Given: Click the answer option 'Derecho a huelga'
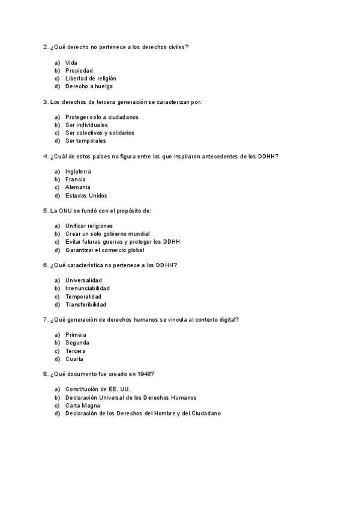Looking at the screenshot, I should [89, 86].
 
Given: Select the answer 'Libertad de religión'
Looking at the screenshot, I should [91, 78].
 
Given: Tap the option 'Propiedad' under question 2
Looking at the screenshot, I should [79, 70].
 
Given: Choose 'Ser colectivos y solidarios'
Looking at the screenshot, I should [100, 133].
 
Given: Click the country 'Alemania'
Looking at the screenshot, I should [78, 187].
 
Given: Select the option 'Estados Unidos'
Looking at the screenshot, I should [86, 195].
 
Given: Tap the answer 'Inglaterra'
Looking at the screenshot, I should [78, 172].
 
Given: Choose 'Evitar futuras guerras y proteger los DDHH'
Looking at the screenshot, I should [122, 241].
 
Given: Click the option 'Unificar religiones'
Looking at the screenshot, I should [89, 226].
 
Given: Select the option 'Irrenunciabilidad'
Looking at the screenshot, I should [88, 288].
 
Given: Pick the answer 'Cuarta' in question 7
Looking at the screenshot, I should [74, 359].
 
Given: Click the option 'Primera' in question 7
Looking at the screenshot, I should [76, 334].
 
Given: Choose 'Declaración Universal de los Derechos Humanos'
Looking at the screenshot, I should [131, 397].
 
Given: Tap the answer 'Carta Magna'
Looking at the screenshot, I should [83, 405].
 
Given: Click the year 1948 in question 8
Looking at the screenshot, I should [143, 374].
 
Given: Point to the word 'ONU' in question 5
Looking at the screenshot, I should [65, 211].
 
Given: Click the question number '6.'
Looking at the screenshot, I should [46, 265].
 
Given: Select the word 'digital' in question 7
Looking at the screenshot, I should [227, 319].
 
